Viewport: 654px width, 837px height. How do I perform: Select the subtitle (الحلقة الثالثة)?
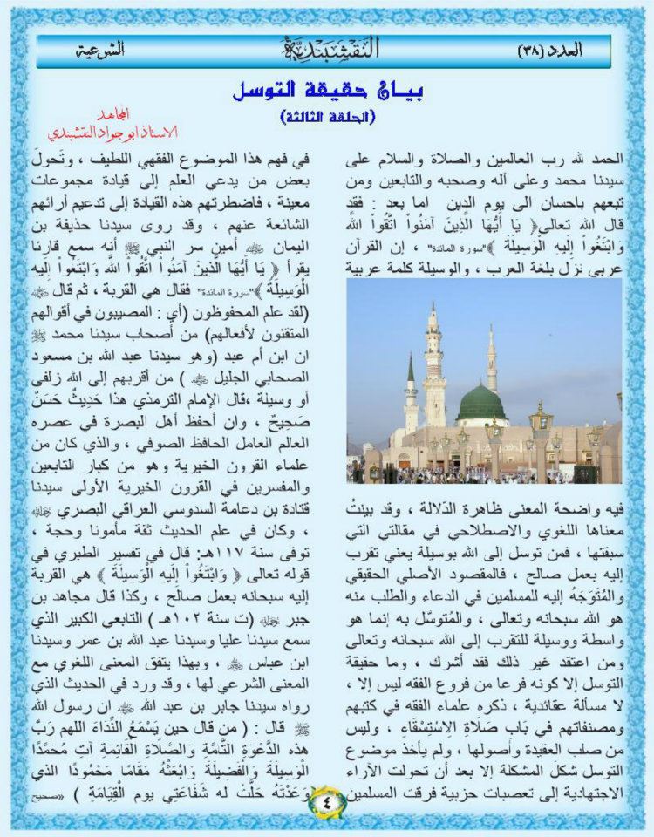pos(327,115)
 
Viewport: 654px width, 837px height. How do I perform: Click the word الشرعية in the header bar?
pos(99,50)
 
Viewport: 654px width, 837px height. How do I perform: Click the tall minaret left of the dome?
pos(434,366)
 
